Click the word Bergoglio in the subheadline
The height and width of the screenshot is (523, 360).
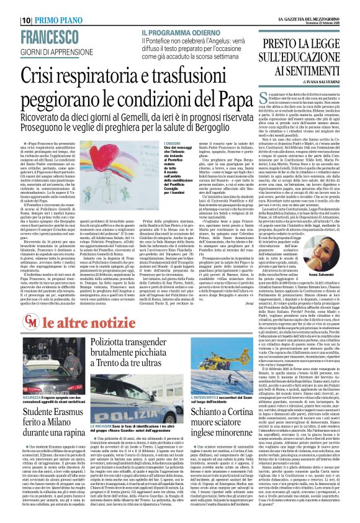[221, 121]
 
